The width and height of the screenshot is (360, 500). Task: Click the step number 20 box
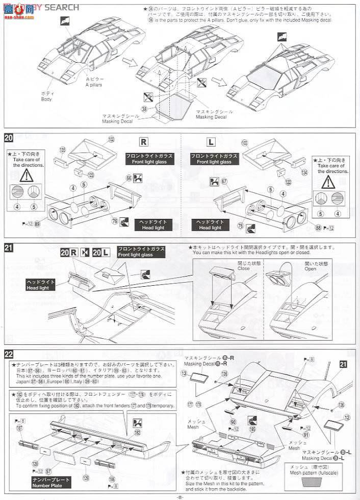tap(9, 137)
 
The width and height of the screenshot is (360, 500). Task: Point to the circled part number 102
tap(111, 139)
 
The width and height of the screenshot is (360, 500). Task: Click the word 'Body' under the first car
tap(46, 99)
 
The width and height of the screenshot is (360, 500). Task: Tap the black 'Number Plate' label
tap(50, 483)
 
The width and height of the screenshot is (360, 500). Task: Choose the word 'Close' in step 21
tap(244, 268)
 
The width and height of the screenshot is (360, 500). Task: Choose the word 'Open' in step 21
tap(311, 268)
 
